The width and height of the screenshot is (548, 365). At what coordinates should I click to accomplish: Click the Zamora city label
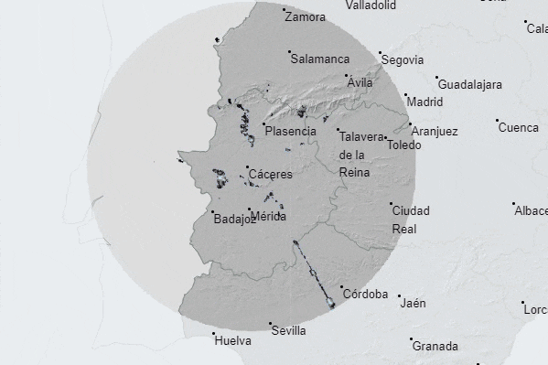[x=305, y=16]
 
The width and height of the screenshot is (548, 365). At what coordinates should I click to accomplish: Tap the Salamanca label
[x=319, y=59]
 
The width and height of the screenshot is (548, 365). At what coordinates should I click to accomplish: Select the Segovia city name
[x=403, y=60]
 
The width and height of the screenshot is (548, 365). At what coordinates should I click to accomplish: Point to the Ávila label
[x=360, y=82]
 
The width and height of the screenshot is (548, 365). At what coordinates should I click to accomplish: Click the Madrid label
[x=424, y=102]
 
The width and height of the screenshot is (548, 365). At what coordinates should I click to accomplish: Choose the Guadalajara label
[x=469, y=85]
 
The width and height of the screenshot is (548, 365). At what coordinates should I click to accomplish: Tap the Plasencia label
[x=290, y=131]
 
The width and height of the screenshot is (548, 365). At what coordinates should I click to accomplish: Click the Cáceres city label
[x=270, y=174]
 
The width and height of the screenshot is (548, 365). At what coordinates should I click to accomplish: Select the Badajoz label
[x=234, y=219]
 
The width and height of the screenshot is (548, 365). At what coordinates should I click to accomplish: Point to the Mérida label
[x=268, y=217]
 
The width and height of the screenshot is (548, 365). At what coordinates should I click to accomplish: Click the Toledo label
[x=403, y=145]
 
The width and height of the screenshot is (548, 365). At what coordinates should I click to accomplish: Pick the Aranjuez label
[x=434, y=132]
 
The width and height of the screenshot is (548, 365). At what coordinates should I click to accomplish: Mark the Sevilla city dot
[x=271, y=324]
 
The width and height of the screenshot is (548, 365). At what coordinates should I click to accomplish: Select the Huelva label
[x=232, y=341]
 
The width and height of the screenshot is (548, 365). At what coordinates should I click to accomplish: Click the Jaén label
[x=413, y=303]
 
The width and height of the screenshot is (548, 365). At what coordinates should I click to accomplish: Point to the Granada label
[x=435, y=348]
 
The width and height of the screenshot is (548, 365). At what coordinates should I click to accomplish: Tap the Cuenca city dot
[x=497, y=121]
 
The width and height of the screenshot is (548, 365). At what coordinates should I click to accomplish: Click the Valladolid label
[x=371, y=5]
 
